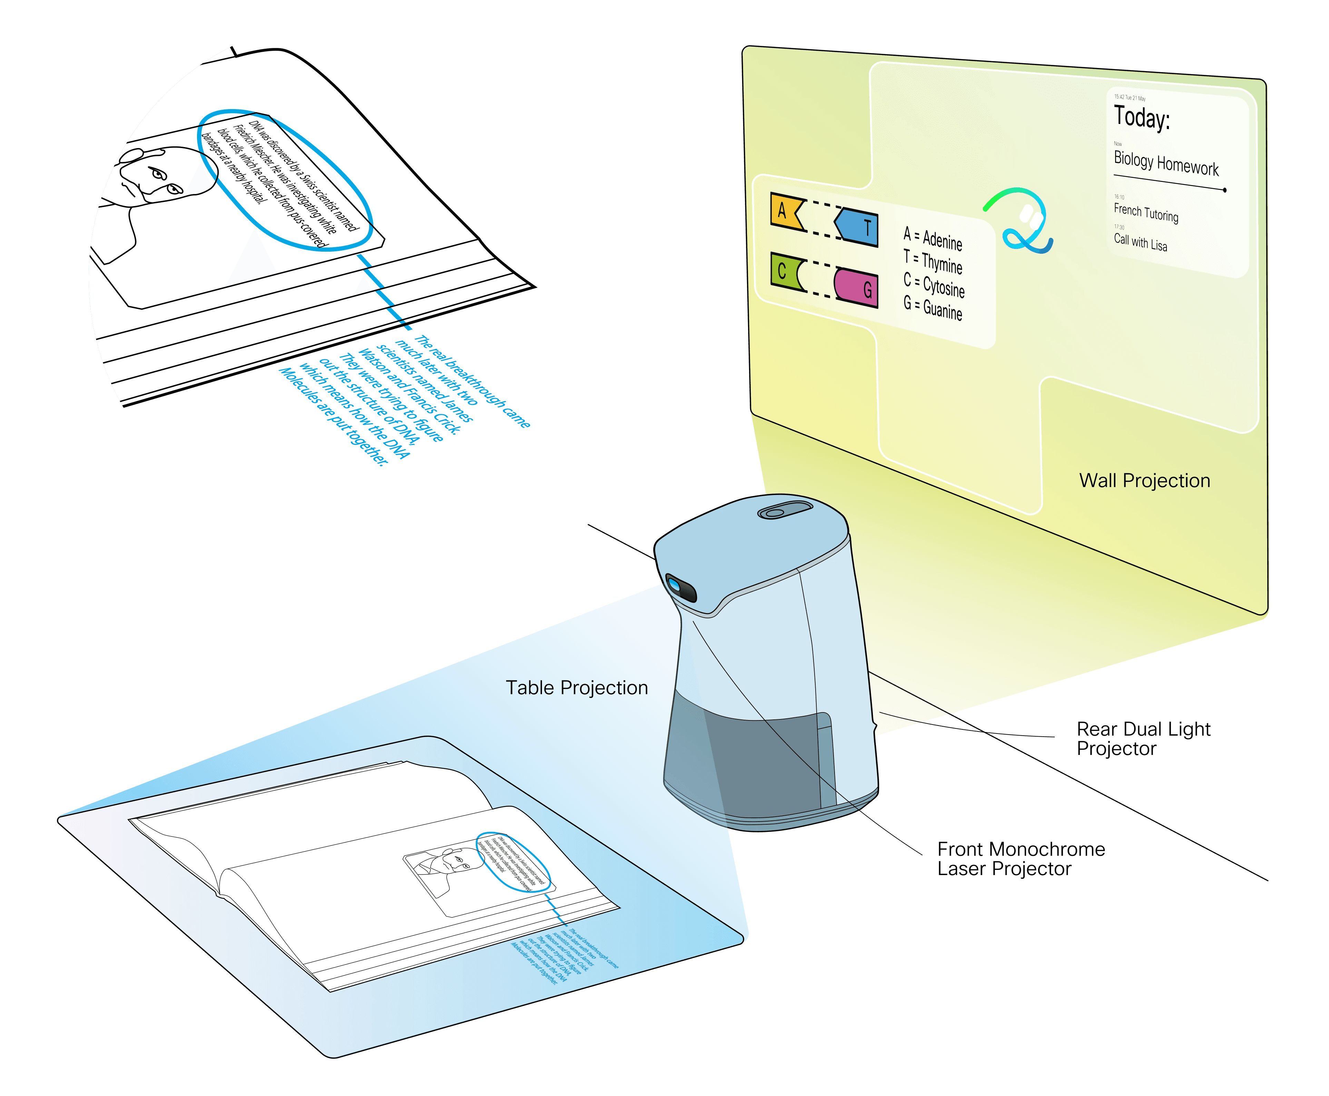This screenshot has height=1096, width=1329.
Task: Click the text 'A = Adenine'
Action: click(933, 238)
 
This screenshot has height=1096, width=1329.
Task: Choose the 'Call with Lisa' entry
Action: click(1140, 242)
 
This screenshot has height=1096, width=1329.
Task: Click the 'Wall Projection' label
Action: click(1144, 481)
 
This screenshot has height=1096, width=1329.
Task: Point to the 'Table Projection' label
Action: click(577, 688)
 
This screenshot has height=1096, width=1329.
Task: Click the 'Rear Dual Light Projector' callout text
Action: click(1143, 739)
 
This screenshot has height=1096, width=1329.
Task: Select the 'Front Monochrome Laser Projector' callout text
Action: click(1021, 859)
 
